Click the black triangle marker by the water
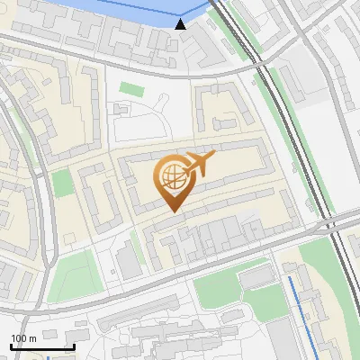pos(181,24)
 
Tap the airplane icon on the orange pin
pos(198,164)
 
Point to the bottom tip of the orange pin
pos(171,211)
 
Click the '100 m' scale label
pos(24,338)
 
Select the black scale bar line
pos(42,346)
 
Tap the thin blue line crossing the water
pos(135,12)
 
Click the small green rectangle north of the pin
pos(132,88)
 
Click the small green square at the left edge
pos(61,183)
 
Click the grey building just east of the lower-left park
pos(129,262)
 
